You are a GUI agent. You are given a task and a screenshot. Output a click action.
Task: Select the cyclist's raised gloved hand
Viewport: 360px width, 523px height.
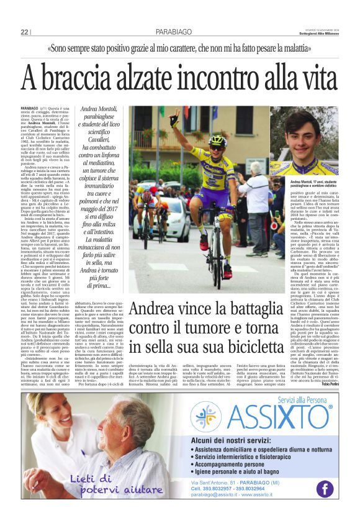[175, 116]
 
